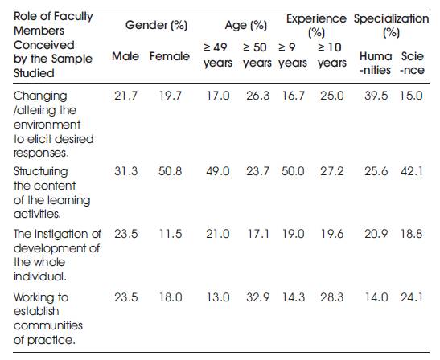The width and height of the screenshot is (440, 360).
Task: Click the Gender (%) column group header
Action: [x=156, y=25]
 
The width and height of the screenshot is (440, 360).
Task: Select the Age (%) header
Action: [x=246, y=25]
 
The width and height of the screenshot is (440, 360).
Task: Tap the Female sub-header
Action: [x=170, y=56]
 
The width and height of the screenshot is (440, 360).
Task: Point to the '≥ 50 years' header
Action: [x=257, y=55]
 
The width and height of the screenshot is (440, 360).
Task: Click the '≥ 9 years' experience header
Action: [x=293, y=55]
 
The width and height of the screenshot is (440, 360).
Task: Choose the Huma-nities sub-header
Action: [x=376, y=63]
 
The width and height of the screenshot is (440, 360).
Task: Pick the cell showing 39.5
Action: [x=376, y=96]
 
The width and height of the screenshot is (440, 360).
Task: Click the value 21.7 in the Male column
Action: [x=125, y=96]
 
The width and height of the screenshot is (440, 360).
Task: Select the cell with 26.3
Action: [x=257, y=96]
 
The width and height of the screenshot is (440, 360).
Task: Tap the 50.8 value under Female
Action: [x=170, y=171]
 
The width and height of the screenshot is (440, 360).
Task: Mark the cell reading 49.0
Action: [x=218, y=171]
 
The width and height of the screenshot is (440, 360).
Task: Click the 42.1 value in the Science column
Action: [x=412, y=171]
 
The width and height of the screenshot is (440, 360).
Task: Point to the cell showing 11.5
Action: [x=171, y=234]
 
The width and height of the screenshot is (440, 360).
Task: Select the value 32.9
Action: [x=257, y=297]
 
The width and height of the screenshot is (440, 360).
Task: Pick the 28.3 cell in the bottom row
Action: [x=331, y=297]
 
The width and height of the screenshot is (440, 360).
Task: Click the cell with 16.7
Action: [x=294, y=96]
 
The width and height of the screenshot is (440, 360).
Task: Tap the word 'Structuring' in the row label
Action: [x=41, y=172]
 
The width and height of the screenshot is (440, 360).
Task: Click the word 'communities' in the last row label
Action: [x=48, y=325]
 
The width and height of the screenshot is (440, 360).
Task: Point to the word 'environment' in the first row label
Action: [x=47, y=125]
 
